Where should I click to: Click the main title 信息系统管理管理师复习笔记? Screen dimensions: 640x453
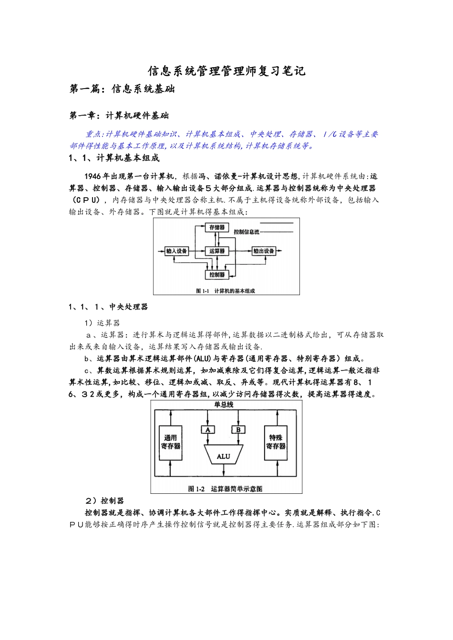[x=226, y=71]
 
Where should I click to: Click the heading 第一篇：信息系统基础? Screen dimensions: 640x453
[x=122, y=89]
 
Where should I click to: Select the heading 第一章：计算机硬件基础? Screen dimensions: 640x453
[x=119, y=116]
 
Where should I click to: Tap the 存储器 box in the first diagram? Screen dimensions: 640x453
[x=217, y=228]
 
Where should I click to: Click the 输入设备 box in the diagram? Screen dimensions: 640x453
[x=176, y=251]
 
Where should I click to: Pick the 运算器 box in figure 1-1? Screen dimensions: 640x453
[x=217, y=251]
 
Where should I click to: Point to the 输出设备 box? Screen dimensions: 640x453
[x=264, y=251]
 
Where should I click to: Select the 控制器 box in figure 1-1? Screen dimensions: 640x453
[x=217, y=275]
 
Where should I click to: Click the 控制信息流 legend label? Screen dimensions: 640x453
[x=247, y=232]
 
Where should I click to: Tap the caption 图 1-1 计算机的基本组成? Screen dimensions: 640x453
[x=226, y=290]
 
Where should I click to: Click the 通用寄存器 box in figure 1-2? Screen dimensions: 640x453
[x=170, y=442]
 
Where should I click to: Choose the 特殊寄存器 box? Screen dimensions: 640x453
[x=276, y=442]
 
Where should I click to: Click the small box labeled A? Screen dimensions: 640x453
[x=207, y=430]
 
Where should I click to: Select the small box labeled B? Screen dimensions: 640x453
[x=238, y=430]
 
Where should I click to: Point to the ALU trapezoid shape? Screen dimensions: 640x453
[x=223, y=456]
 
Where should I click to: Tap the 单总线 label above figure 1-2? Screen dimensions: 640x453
[x=223, y=405]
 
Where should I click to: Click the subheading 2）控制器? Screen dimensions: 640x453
[x=104, y=500]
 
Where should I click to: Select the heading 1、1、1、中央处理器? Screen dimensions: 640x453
[x=108, y=307]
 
